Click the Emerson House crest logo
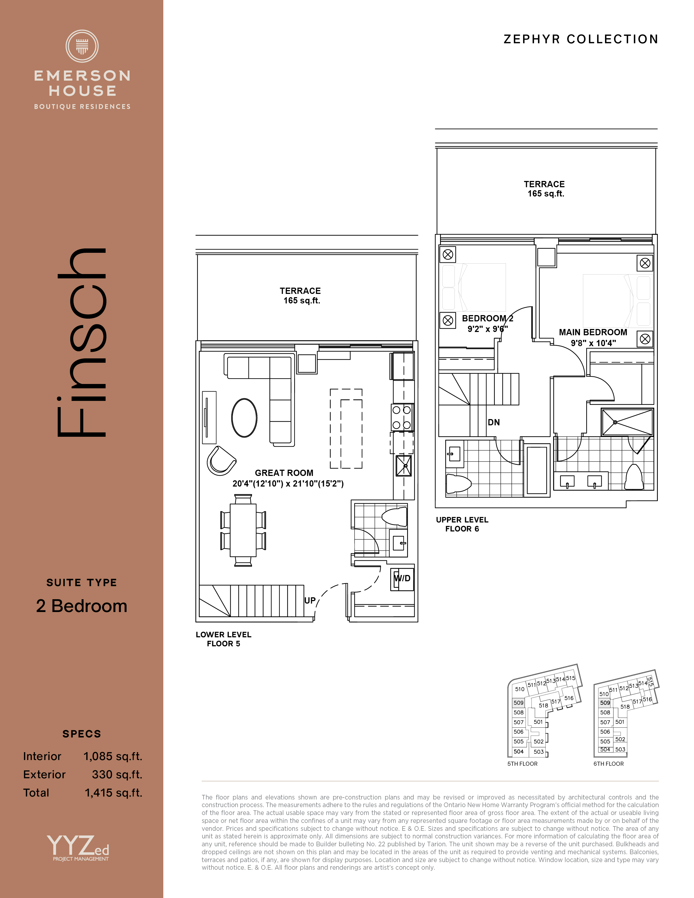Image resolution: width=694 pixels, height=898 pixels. coord(82,46)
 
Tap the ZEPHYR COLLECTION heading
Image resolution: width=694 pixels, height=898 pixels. coord(581,39)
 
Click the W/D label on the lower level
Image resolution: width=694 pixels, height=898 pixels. coord(402,578)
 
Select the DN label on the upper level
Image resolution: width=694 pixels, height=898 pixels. coord(494,422)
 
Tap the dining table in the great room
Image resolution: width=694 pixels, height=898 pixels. coord(243,530)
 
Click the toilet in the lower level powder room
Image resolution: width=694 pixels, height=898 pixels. coord(394,516)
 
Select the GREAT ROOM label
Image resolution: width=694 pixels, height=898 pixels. coord(284,473)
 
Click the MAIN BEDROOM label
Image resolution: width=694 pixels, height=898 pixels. coord(593,332)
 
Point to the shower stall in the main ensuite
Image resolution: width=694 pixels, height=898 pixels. coord(627,422)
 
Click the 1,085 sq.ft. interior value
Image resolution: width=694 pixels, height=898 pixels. coord(113,756)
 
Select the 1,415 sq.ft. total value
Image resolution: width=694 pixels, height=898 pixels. coord(113,793)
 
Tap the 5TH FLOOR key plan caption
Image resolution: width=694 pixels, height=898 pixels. coord(522,764)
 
